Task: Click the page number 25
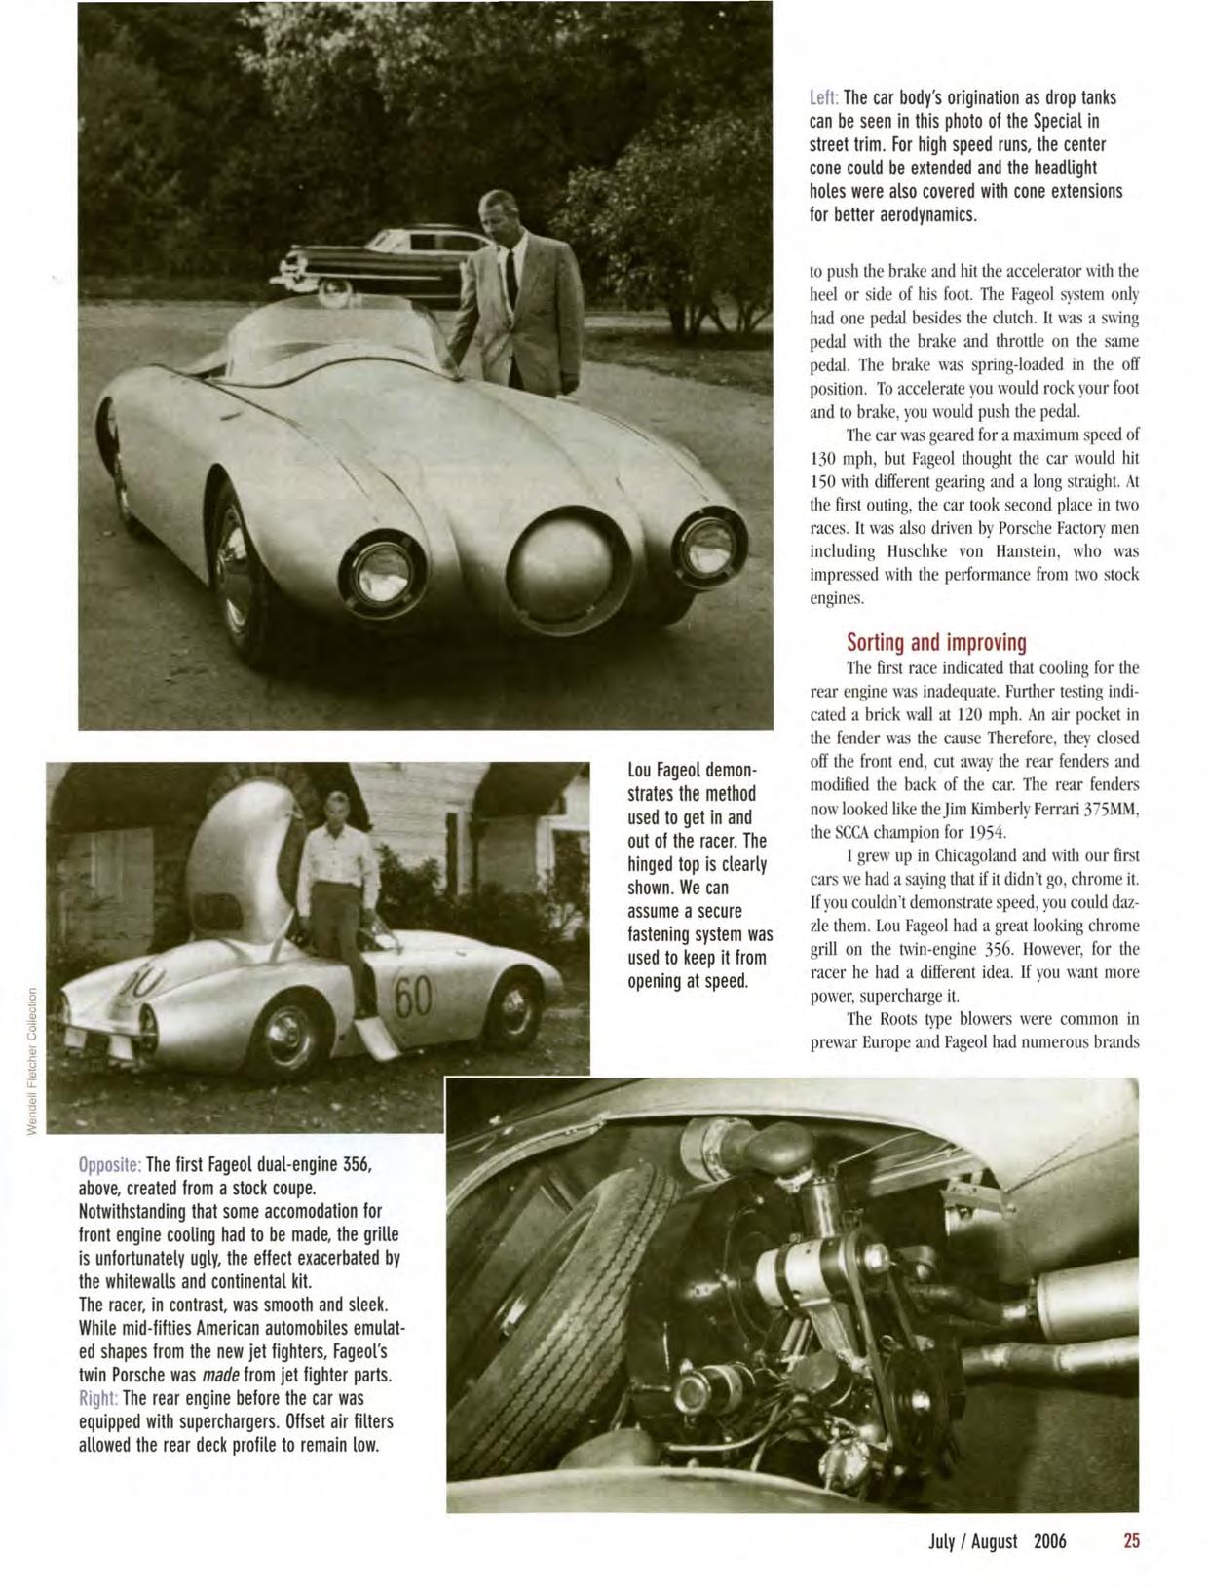coord(1130,1540)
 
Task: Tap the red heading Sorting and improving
coord(936,642)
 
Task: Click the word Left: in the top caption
coord(823,98)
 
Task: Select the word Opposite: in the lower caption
coord(110,1165)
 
